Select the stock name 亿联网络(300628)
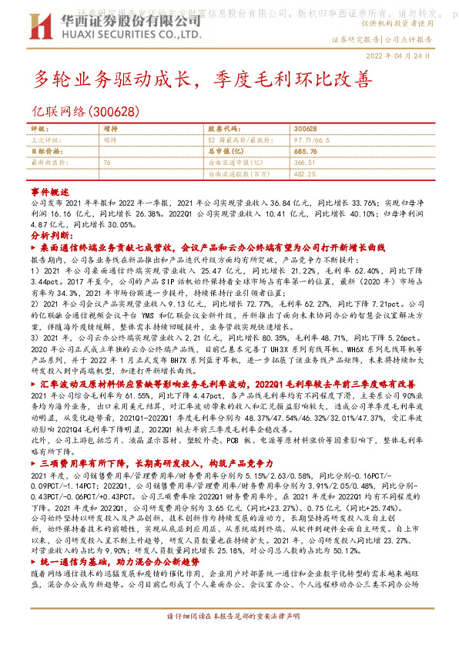point(85,111)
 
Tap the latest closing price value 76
point(107,163)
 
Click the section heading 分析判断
point(52,234)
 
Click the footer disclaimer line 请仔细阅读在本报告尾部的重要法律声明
point(229,639)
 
